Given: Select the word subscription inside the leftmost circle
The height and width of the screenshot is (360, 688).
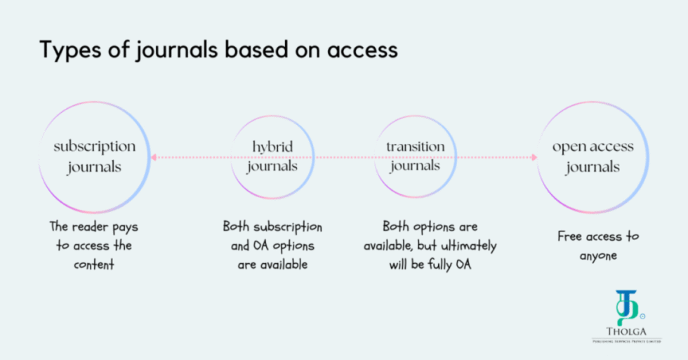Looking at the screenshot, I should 95,147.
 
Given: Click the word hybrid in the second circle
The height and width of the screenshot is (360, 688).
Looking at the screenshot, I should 272,147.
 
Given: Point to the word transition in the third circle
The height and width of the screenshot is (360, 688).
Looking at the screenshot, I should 415,147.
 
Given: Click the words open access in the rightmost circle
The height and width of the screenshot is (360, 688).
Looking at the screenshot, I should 593,147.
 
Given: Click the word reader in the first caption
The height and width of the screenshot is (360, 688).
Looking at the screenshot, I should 94,227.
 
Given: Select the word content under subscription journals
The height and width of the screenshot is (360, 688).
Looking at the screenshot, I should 95,265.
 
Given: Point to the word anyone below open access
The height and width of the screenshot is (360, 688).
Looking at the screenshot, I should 598,255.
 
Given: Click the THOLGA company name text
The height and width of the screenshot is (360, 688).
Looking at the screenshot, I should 627,332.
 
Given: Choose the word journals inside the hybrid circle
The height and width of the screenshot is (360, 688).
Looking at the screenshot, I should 272,166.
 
